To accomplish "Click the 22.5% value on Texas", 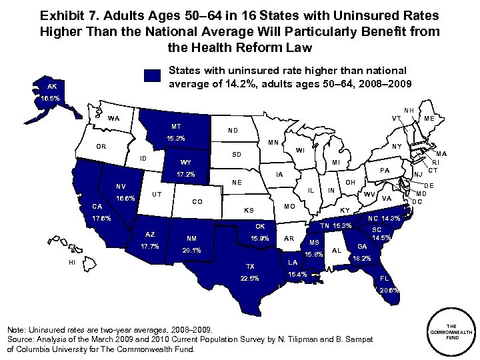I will pyautogui.click(x=249, y=279).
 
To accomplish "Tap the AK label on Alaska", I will pyautogui.click(x=52, y=87).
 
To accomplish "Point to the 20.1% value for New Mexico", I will pyautogui.click(x=191, y=251).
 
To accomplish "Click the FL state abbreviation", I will pyautogui.click(x=385, y=277).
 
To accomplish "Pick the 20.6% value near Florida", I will pyautogui.click(x=389, y=291).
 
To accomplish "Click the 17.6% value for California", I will pyautogui.click(x=102, y=218).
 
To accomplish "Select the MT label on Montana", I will pyautogui.click(x=176, y=126).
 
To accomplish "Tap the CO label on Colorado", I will pyautogui.click(x=197, y=201).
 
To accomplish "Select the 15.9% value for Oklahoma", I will pyautogui.click(x=259, y=238).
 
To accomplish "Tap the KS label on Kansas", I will pyautogui.click(x=249, y=211).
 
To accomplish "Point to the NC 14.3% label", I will pyautogui.click(x=384, y=218).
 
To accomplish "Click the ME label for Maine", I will pyautogui.click(x=429, y=119).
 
